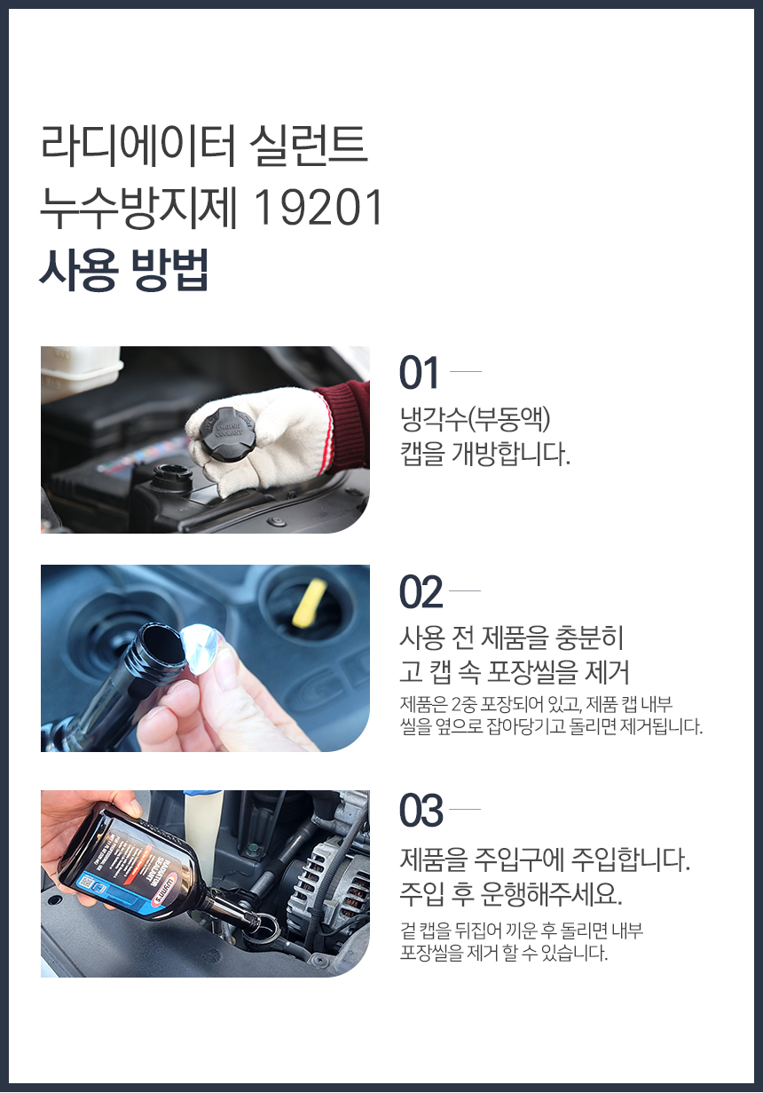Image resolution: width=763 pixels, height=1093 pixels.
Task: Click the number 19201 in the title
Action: (x=319, y=209)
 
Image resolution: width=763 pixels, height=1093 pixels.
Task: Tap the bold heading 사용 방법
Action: (x=124, y=270)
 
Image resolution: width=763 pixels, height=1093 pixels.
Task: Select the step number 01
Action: (x=419, y=373)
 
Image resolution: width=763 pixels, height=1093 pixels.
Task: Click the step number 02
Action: (x=421, y=592)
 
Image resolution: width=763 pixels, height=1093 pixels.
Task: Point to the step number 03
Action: (x=421, y=811)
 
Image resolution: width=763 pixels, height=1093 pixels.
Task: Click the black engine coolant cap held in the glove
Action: (x=226, y=431)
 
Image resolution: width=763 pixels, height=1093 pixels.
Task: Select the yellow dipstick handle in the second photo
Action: (x=309, y=602)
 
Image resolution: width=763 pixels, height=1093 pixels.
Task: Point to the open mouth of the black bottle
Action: (x=161, y=643)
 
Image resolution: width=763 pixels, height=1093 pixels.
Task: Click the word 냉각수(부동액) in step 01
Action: (x=475, y=419)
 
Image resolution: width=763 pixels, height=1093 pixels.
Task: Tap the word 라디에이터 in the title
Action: (x=138, y=146)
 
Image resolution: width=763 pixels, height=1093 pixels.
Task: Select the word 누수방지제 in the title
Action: (x=138, y=209)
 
